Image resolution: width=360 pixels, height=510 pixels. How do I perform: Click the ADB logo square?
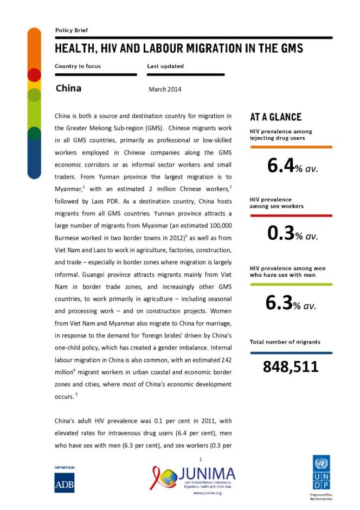click(65, 482)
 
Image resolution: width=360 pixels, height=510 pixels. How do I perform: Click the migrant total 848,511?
click(291, 367)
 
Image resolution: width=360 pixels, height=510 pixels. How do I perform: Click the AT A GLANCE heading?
click(275, 117)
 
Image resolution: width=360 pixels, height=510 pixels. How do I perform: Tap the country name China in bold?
click(68, 88)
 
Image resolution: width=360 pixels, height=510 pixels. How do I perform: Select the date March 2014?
click(165, 89)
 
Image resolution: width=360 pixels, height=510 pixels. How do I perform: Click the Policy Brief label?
click(72, 30)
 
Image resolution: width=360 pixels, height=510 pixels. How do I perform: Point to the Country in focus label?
click(78, 66)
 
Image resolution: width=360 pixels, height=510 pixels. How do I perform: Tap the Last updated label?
click(165, 66)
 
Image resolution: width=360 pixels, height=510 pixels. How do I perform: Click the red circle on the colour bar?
click(34, 75)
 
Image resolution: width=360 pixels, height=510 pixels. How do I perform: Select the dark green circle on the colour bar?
click(34, 133)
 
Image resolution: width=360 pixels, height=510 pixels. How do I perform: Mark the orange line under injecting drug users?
click(291, 146)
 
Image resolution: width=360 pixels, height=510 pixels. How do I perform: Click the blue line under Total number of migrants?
click(291, 353)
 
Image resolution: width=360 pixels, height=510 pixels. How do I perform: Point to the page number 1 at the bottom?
click(200, 460)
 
